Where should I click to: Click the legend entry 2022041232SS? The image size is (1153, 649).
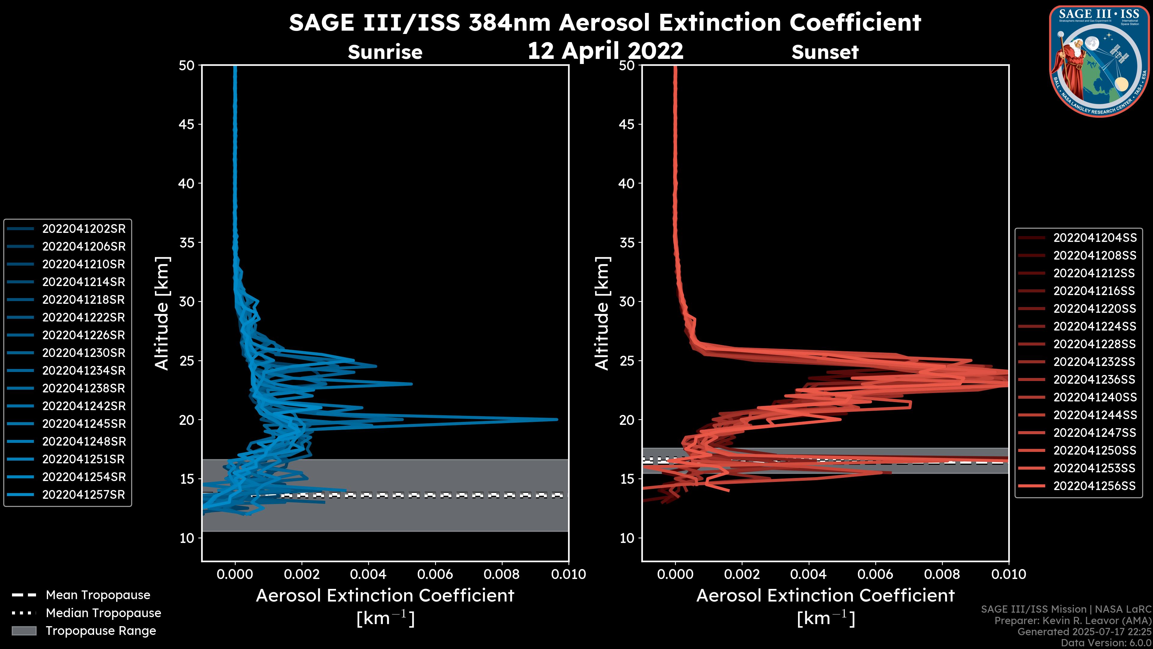[x=1094, y=362]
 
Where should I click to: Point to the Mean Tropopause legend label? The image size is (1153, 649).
[x=98, y=595]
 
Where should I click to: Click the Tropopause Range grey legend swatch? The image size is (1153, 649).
[x=24, y=631]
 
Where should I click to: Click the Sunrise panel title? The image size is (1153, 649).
[x=385, y=52]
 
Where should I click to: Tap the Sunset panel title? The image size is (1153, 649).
[x=825, y=52]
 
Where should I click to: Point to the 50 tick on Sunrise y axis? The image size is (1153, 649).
[x=187, y=66]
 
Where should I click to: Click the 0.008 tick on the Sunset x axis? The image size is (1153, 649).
[x=942, y=574]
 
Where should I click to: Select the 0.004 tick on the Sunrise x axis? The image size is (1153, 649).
[x=368, y=574]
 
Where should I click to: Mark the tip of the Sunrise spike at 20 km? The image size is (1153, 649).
[x=557, y=420]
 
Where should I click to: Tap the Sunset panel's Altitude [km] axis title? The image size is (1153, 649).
[x=602, y=313]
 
